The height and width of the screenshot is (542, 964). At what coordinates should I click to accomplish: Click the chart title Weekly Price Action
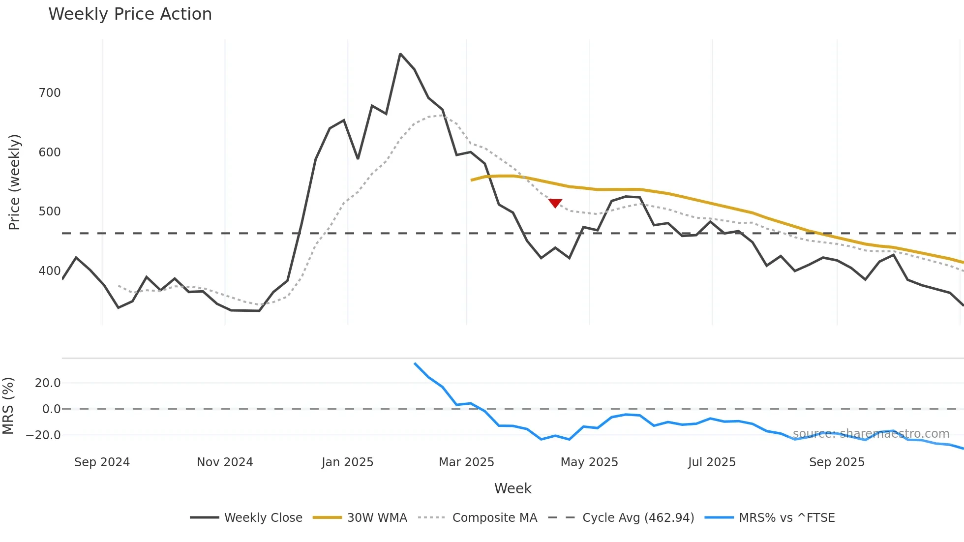[130, 14]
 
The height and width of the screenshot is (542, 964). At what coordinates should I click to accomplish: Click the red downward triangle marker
[555, 203]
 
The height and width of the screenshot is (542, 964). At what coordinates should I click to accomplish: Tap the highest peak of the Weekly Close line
[400, 54]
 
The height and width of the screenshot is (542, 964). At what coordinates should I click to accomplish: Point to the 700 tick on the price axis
[50, 93]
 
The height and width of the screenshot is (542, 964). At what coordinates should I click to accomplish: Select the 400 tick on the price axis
[50, 271]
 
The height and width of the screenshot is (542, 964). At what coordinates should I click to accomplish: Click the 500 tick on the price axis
[50, 211]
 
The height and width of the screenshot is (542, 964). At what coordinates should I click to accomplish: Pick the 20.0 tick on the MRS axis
[48, 383]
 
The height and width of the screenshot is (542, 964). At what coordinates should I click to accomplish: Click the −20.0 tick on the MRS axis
[43, 435]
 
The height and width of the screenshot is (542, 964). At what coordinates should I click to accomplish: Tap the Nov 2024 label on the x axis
[225, 462]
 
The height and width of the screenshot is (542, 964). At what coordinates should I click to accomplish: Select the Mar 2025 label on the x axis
[466, 462]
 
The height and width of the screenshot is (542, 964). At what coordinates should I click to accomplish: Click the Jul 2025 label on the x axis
[712, 462]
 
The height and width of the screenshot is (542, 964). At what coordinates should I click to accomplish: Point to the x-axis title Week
[512, 488]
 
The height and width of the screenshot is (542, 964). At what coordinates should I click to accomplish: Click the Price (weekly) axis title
[15, 182]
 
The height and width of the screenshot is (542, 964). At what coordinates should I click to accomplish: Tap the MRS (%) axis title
[8, 406]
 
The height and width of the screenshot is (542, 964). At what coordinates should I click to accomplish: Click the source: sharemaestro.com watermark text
[871, 434]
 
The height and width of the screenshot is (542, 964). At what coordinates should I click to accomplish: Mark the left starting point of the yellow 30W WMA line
[471, 181]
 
